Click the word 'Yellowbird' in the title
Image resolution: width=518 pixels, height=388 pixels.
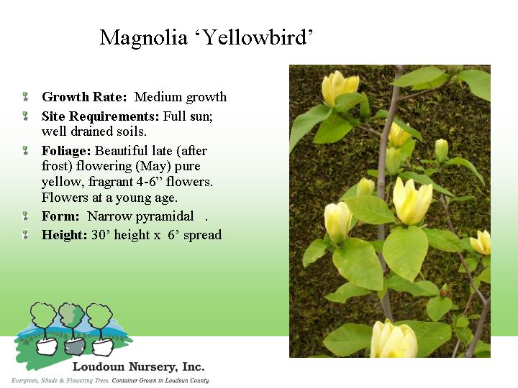255,38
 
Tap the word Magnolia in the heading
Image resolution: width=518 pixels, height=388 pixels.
143,38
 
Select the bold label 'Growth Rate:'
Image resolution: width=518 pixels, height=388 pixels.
84,97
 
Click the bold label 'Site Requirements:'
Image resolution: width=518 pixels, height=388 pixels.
101,116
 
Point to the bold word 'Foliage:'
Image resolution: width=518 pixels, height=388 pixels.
66,151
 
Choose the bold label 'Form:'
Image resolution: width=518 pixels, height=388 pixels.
60,216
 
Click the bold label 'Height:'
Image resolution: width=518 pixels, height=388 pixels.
65,235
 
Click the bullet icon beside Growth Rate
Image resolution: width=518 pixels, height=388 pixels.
25,97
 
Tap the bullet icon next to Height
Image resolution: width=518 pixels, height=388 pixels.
25,234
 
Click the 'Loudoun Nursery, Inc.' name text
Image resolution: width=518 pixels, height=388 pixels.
138,366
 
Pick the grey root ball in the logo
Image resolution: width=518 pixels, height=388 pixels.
74,346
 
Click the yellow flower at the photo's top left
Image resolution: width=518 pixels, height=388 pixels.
340,88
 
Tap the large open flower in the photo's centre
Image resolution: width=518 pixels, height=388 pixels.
412,201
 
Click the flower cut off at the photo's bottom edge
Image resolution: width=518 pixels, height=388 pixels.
394,340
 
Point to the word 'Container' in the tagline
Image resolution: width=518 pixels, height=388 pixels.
125,381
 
